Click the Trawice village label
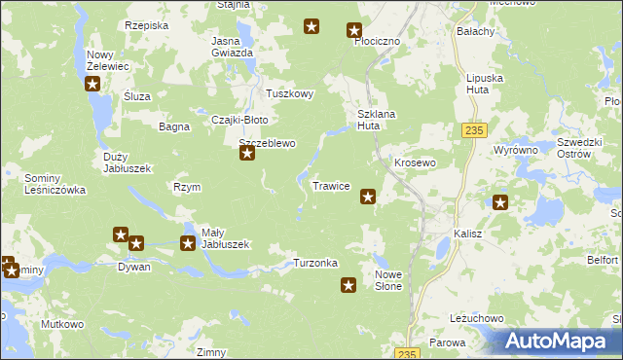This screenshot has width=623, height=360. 331,186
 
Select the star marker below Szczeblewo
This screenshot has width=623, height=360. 248,153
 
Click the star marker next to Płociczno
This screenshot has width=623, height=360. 355,31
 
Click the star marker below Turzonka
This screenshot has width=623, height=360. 348,285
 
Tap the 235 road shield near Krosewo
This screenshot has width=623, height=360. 474,130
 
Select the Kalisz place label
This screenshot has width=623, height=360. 469,234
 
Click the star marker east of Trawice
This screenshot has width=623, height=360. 368,197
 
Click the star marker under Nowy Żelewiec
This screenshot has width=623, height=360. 93,84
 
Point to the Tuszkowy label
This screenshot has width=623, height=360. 290,94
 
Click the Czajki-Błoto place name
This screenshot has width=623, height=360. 239,120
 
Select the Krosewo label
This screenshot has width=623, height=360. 413,162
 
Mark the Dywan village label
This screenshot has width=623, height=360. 134,266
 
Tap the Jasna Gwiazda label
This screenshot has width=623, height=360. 233,47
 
